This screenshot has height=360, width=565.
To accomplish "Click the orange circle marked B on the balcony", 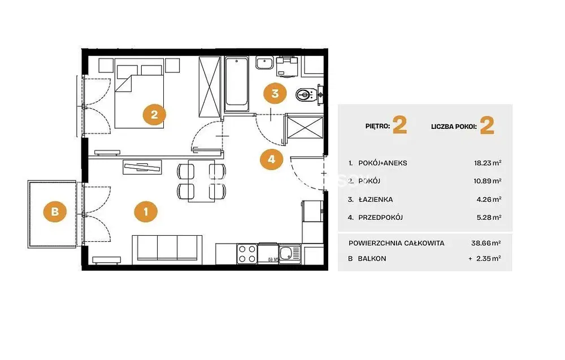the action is [x=55, y=211].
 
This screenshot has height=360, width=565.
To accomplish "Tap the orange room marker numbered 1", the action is [x=146, y=211].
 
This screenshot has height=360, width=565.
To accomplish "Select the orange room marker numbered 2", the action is [x=154, y=115].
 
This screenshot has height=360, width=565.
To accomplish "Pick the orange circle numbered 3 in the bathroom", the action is [x=275, y=94].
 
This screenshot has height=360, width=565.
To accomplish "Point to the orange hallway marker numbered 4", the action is [x=271, y=159].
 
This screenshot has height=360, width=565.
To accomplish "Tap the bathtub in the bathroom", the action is [x=236, y=84].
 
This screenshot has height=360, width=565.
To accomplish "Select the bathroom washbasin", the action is [x=265, y=63].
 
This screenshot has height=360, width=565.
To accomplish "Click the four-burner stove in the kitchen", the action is [x=247, y=254].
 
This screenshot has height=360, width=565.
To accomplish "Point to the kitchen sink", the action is [x=290, y=253].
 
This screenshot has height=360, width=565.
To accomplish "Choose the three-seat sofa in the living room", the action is [x=167, y=248].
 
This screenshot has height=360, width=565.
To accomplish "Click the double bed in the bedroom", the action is [x=139, y=97].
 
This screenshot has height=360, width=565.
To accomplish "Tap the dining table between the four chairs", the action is [x=202, y=180].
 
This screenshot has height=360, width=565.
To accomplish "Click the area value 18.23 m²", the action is [x=488, y=163].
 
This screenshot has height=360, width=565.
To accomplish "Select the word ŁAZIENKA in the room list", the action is [x=376, y=199].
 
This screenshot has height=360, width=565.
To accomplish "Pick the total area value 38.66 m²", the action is [x=486, y=243].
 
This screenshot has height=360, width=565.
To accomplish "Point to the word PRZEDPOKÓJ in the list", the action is [x=380, y=217].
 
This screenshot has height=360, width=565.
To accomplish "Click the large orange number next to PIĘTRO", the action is [x=399, y=125].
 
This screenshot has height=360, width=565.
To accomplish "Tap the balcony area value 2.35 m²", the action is [x=488, y=258].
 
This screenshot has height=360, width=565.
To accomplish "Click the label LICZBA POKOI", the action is [x=454, y=127].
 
